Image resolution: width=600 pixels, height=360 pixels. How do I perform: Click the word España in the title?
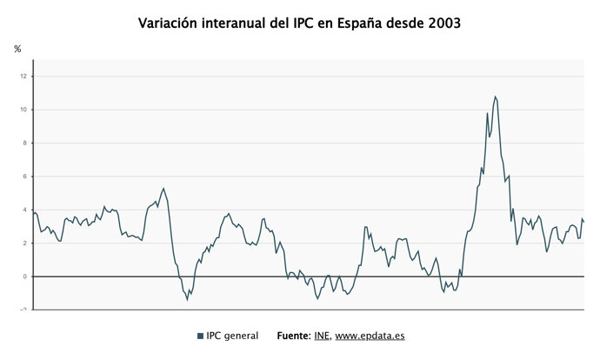360,23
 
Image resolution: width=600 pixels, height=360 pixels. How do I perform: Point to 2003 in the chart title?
444,23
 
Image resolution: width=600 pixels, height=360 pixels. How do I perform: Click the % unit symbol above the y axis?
17,49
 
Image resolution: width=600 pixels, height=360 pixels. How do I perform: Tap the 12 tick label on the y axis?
23,77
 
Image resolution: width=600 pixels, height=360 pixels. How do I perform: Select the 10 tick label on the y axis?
23,110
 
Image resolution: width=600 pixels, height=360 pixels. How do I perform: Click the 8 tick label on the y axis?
25,143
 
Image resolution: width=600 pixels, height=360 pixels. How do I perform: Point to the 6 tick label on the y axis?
25,177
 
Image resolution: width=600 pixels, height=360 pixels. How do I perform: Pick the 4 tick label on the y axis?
25,210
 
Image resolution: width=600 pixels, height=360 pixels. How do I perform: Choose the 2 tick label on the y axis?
25,243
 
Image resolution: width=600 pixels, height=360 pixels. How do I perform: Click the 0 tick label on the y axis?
25,277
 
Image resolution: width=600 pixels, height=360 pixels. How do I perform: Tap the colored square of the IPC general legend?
200,336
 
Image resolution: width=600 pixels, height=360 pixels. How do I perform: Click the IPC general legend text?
232,336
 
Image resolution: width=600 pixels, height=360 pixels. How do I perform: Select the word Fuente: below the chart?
294,336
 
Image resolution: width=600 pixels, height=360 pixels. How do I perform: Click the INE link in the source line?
322,336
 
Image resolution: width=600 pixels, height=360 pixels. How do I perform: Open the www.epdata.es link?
370,336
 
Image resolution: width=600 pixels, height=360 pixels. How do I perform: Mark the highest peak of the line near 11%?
495,97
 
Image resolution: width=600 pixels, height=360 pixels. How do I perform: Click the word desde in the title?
405,23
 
